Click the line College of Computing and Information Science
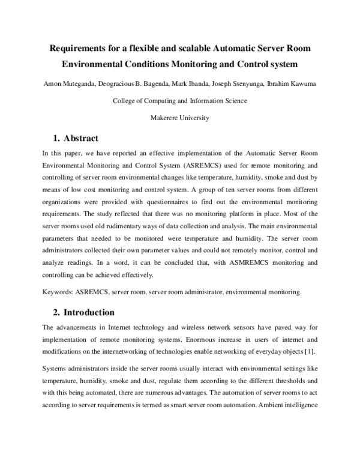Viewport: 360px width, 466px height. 179,101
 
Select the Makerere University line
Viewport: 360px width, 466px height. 179,118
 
